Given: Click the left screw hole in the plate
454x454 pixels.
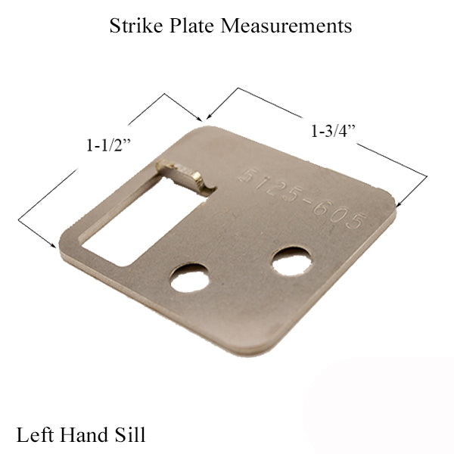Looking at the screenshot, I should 189,278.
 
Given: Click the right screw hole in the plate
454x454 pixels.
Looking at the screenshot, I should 291,260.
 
